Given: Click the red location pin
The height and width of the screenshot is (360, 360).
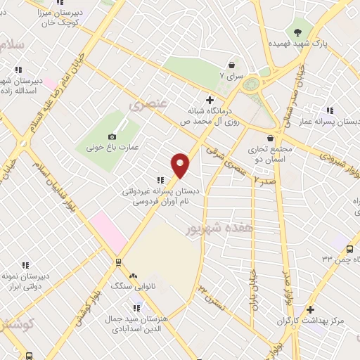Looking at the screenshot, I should [181, 165].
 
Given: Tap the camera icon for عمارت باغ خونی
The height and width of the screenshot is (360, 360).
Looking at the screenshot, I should [112, 136].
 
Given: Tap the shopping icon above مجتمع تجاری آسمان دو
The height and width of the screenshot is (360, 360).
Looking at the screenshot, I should [271, 138].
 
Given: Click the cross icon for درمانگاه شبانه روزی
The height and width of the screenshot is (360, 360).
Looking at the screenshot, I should [210, 99].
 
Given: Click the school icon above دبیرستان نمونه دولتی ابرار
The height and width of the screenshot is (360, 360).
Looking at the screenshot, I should [25, 265].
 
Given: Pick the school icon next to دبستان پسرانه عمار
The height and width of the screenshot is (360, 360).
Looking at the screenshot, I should [330, 110].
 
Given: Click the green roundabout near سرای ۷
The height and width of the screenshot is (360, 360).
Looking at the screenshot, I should [251, 84].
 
